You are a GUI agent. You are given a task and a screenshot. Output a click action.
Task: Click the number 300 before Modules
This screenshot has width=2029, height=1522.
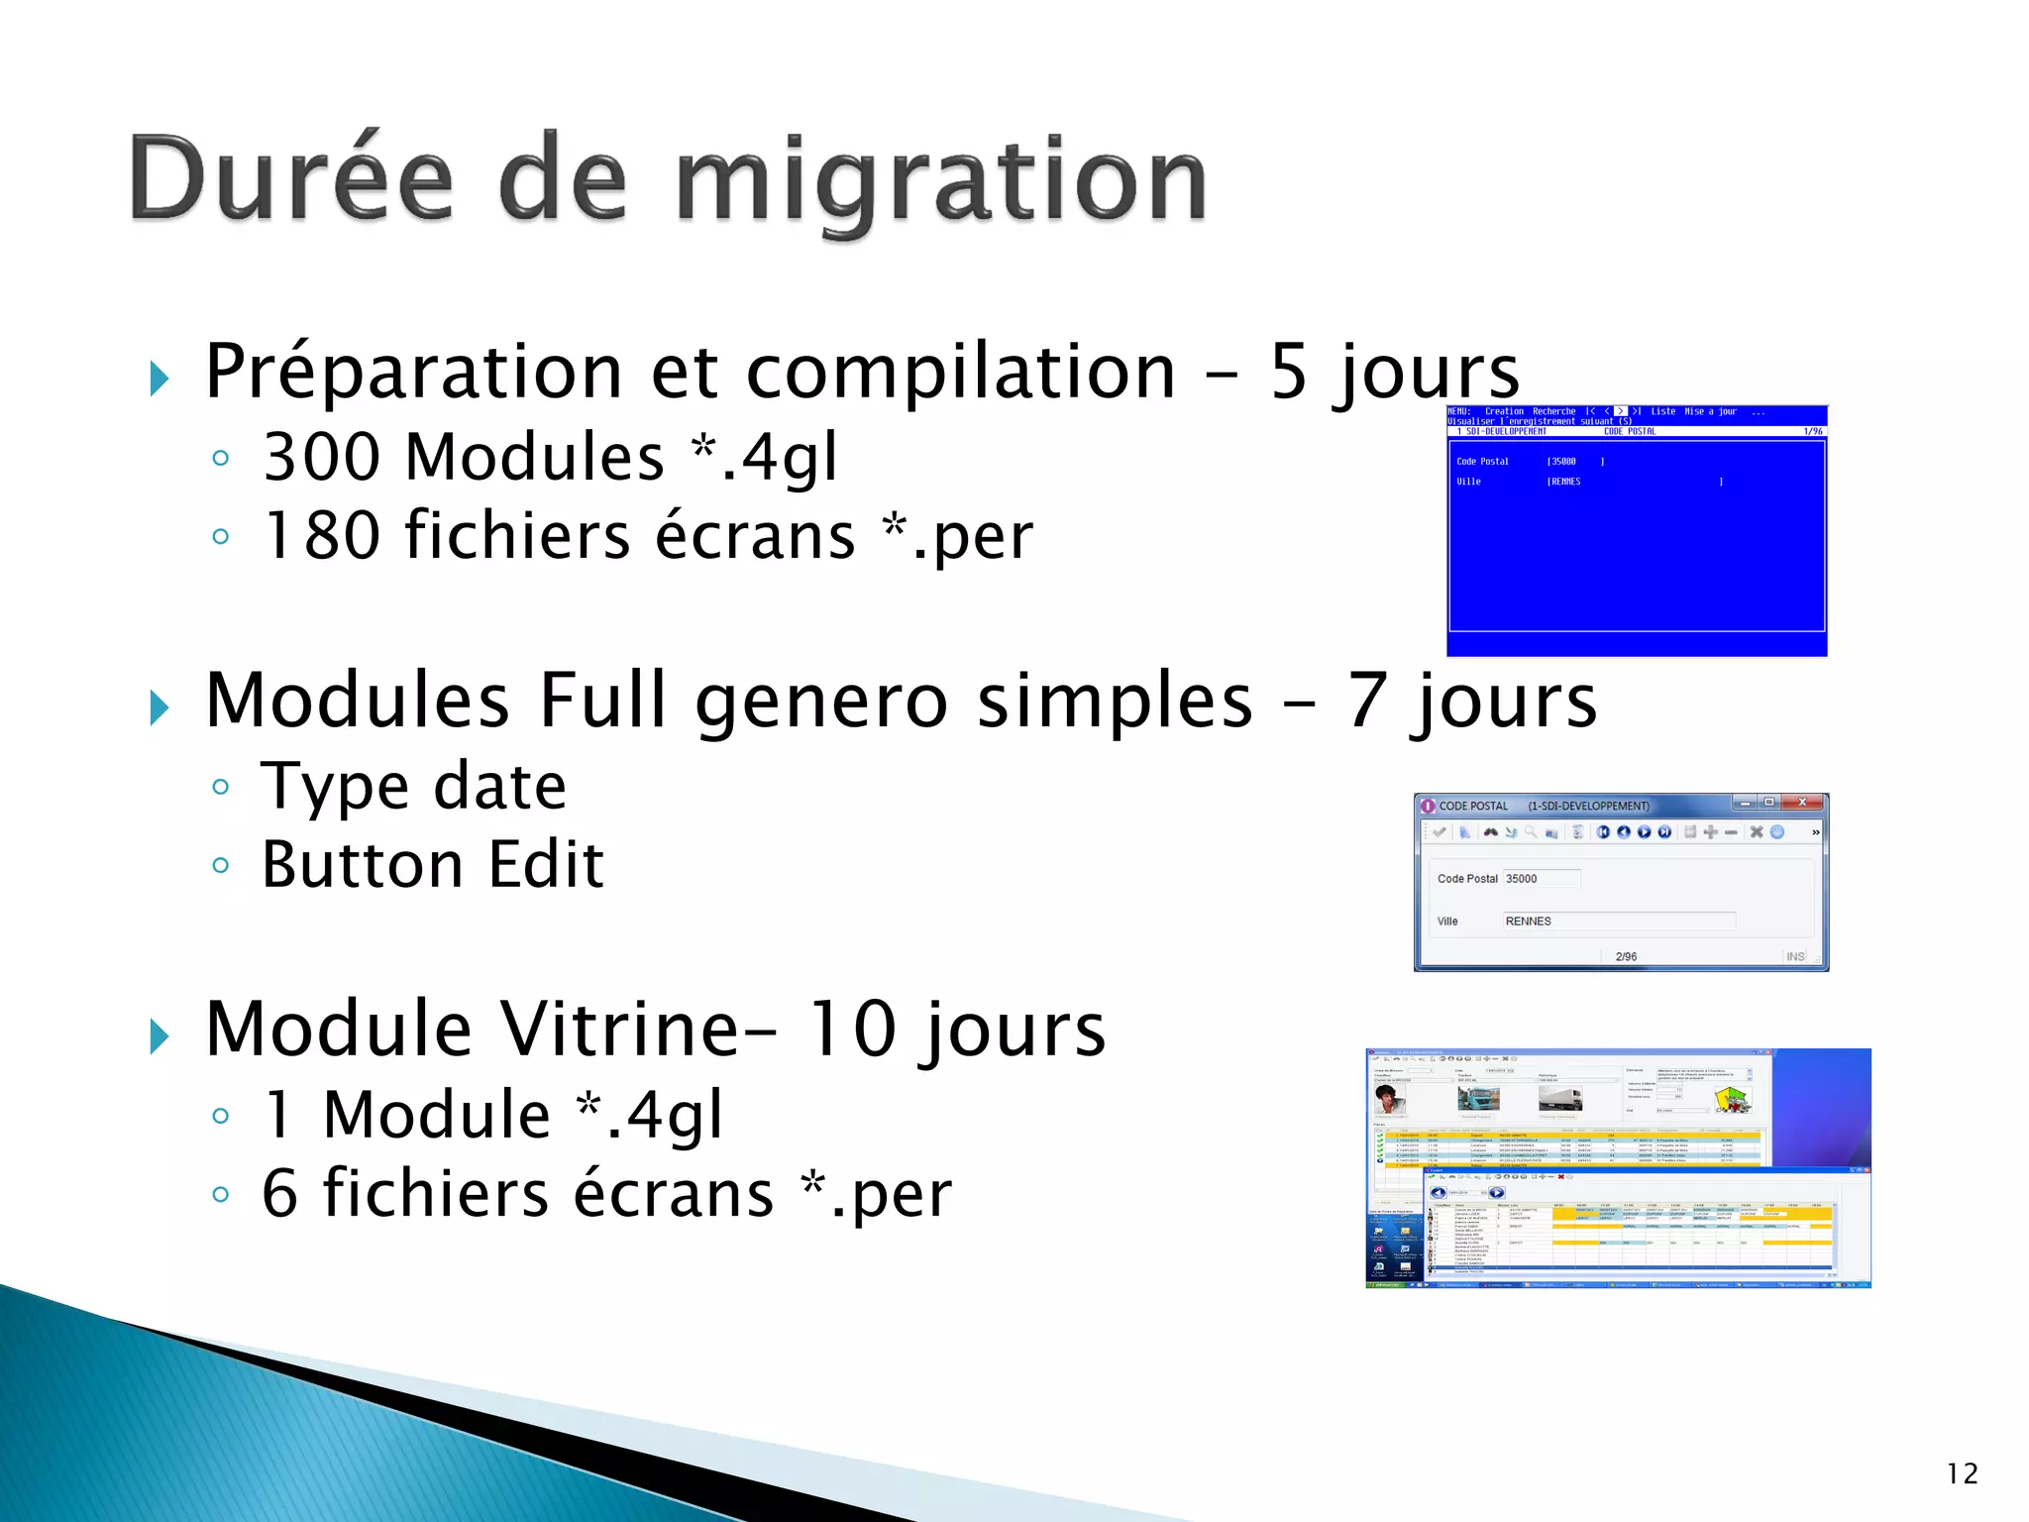pos(322,457)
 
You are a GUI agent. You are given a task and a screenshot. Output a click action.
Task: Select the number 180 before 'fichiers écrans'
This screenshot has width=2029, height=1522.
pos(322,536)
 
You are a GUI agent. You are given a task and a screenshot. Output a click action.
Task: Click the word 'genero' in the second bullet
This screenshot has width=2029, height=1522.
pos(822,701)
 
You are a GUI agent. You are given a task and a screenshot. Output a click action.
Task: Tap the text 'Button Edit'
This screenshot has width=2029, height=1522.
pos(432,865)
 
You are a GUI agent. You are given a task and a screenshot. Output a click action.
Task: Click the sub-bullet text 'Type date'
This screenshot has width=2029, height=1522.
pos(413,787)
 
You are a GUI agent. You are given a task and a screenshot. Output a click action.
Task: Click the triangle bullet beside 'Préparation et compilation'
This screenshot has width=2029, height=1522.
pos(160,379)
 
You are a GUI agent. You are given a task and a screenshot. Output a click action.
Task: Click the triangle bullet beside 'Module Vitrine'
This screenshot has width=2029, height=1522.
pos(160,1036)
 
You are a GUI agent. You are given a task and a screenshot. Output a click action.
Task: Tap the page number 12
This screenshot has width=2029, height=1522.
pos(1961,1473)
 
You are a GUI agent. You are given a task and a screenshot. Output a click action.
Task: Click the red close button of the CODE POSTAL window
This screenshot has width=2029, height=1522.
pos(1803,803)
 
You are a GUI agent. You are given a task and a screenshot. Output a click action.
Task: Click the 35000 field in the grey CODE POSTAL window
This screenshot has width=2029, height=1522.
pos(1541,879)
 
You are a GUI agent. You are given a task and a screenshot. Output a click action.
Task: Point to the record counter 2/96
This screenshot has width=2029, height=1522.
pos(1626,957)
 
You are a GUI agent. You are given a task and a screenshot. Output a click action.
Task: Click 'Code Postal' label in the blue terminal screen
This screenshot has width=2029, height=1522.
pos(1482,462)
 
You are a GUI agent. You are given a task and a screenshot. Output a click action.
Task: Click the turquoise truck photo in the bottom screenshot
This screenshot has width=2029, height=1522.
pos(1478,1098)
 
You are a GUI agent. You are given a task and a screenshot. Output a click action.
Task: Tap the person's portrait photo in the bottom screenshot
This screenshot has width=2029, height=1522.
pos(1390,1099)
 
